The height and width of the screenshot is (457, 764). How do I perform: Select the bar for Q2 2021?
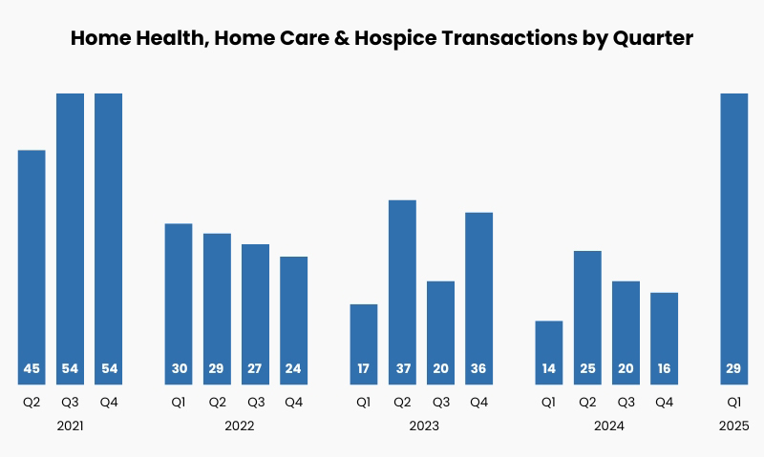coord(32,258)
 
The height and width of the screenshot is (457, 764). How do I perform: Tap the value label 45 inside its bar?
coord(32,369)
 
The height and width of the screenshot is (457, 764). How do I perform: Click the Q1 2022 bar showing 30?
coord(179,296)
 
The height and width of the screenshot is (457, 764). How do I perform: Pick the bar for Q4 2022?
coord(293,315)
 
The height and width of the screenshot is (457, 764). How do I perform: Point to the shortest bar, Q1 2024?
coord(548,348)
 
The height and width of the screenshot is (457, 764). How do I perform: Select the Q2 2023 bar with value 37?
coord(402,286)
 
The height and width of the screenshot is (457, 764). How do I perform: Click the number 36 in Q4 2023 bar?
coord(478,369)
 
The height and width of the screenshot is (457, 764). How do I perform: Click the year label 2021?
coord(70,426)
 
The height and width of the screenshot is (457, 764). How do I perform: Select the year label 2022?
coord(239,426)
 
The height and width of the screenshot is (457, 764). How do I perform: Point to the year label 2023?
coord(424,426)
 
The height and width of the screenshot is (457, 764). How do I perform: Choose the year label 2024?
coord(608,426)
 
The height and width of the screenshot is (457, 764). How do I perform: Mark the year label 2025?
coord(733,426)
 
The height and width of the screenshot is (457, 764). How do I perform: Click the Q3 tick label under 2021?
coord(70,403)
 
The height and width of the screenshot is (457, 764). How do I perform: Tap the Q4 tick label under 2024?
coord(664,403)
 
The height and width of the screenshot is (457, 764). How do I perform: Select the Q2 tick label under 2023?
coord(402,403)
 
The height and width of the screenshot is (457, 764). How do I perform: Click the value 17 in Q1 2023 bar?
coord(363,369)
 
